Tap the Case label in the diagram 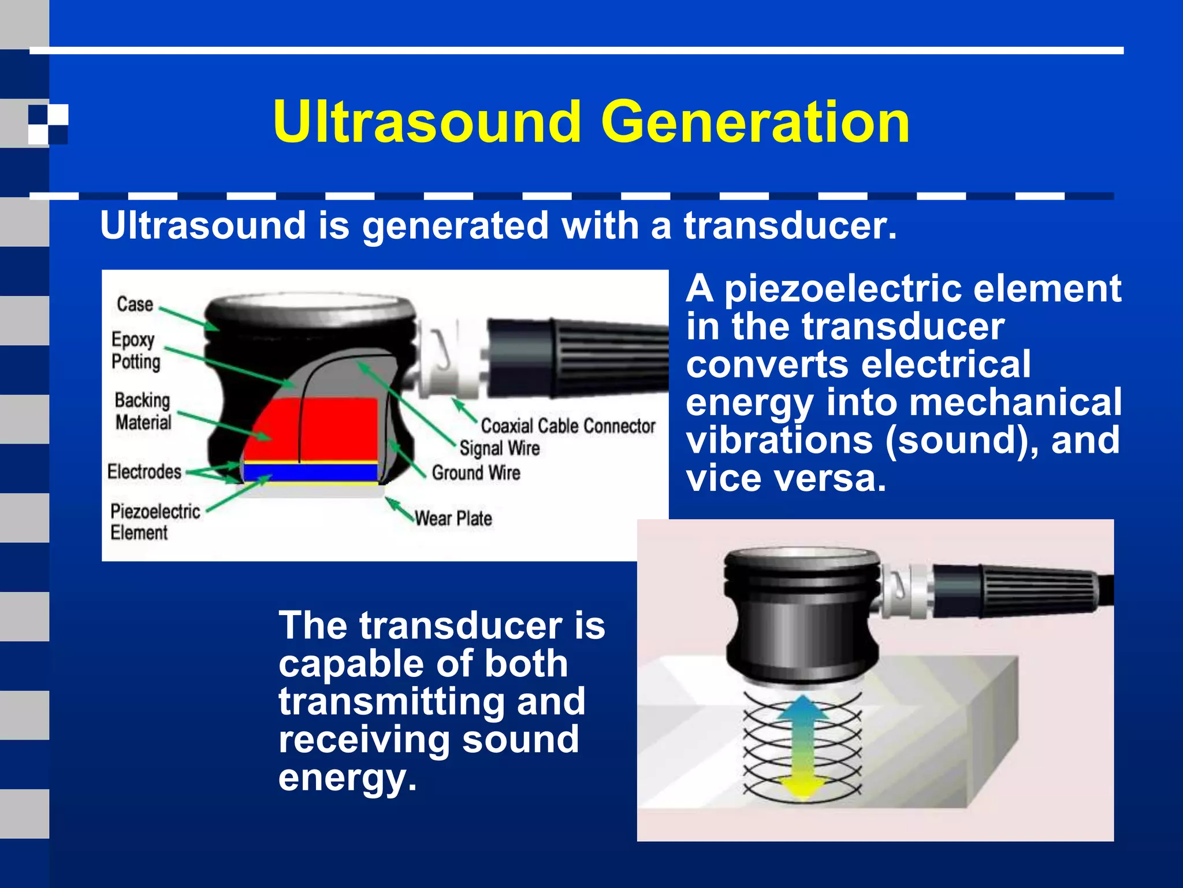135,304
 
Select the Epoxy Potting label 135,350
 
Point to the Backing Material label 143,411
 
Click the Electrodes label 144,472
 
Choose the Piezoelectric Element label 154,521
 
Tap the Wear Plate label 453,518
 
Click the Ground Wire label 476,473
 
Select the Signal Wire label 500,448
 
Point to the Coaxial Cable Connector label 568,426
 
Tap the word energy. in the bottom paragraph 347,778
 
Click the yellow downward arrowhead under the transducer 803,786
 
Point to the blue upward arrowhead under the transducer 803,708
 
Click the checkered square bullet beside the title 49,124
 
